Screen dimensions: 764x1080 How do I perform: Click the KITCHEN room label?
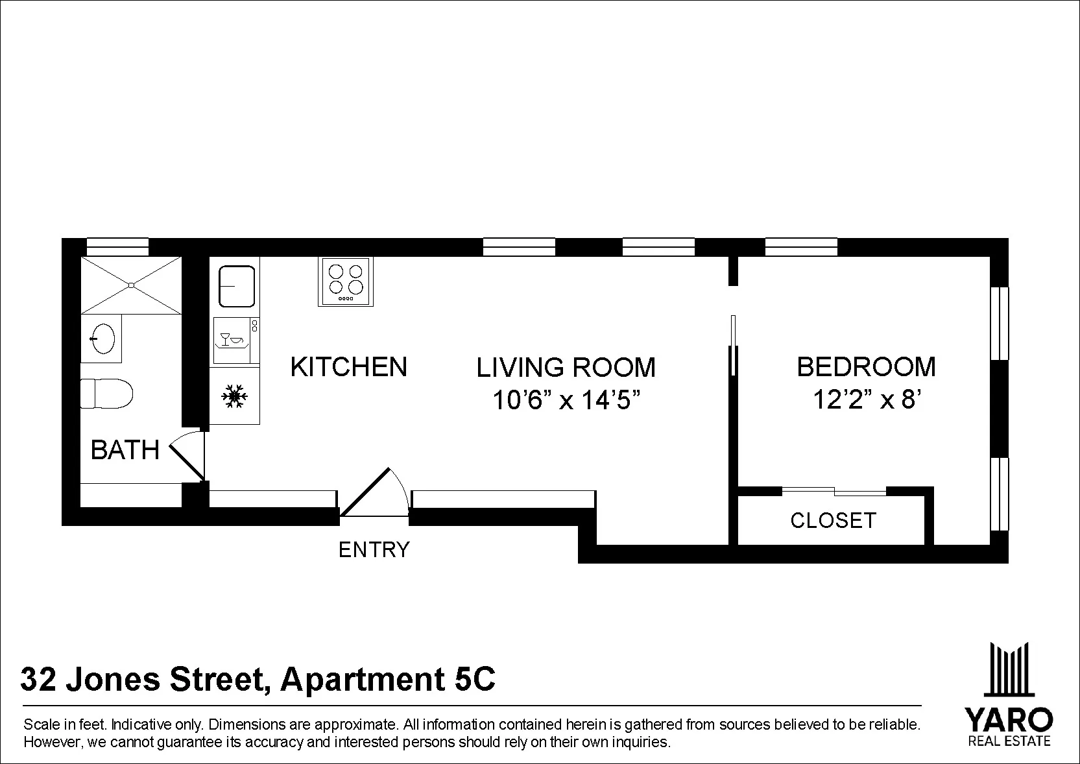[348, 367]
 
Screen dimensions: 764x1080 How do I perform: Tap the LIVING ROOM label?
[566, 368]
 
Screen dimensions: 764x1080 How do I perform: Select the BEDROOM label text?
[866, 367]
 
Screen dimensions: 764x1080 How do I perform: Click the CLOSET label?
[833, 520]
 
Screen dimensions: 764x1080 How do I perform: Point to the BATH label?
[125, 450]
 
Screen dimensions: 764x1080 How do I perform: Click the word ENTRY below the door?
[374, 550]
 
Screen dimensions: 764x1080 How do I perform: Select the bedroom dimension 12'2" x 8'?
[867, 400]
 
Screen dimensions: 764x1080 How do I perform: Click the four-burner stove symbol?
[346, 281]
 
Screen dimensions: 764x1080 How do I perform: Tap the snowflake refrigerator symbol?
[234, 396]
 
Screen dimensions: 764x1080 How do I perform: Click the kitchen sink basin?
[237, 285]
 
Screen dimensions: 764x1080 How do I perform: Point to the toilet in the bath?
[106, 394]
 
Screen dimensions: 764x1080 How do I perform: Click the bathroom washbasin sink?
[102, 338]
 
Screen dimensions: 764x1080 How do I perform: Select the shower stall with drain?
[131, 285]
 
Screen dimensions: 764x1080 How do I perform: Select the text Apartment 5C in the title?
[387, 680]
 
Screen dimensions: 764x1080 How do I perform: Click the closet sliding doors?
[834, 491]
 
